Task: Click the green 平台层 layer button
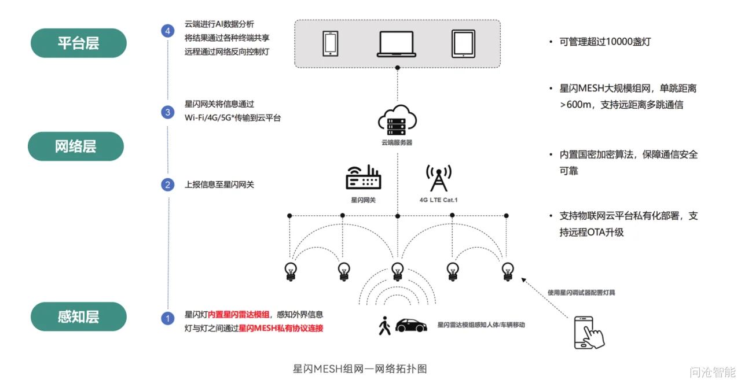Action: (x=78, y=43)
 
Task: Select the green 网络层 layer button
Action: (x=76, y=146)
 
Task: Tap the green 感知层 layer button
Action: (x=78, y=316)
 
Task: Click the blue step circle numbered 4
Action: (x=168, y=31)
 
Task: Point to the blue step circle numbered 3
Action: (x=168, y=112)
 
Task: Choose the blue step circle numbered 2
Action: (x=168, y=185)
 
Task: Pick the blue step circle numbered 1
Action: (x=168, y=318)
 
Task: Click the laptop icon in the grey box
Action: (x=397, y=43)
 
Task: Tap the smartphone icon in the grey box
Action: (x=331, y=43)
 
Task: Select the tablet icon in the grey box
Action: (x=463, y=43)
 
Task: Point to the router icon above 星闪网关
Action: (x=364, y=177)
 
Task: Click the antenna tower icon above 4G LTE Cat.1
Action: (x=438, y=178)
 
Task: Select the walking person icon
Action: (x=384, y=326)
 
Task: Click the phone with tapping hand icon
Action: (x=588, y=332)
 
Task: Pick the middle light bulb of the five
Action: (x=397, y=271)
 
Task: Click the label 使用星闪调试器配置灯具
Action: (x=581, y=293)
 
